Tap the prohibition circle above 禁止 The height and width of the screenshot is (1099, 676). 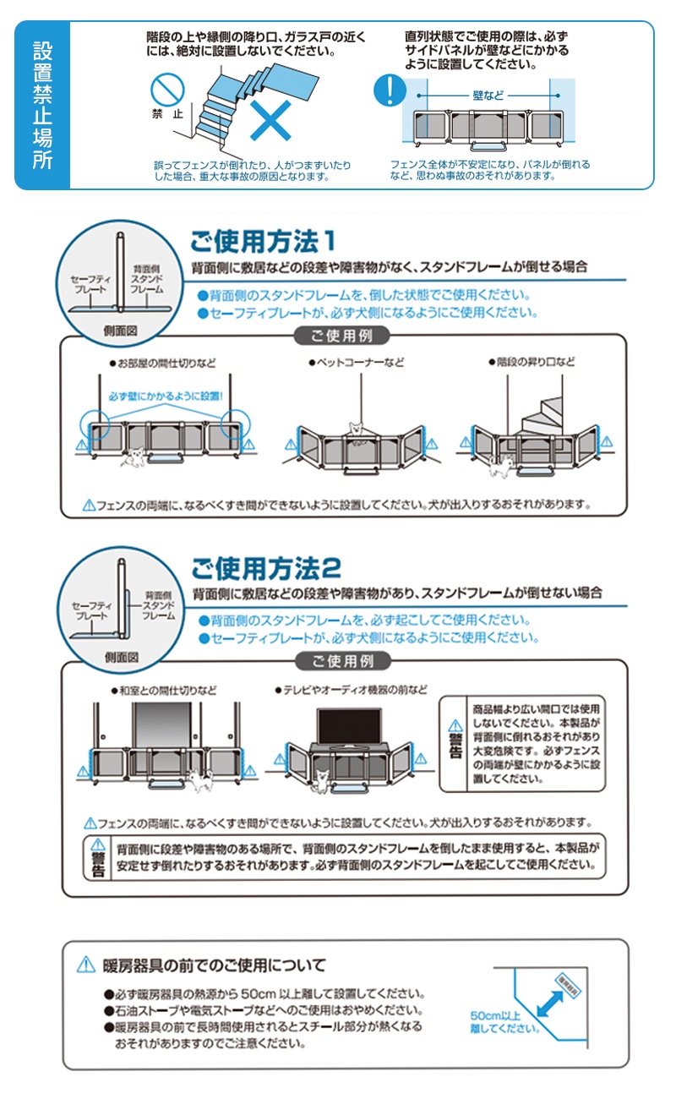[166, 90]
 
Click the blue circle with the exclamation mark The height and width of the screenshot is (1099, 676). [389, 90]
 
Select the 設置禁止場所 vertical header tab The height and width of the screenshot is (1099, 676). [42, 105]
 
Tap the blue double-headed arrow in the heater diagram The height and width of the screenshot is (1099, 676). [550, 1005]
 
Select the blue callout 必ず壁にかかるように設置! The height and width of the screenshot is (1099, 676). [166, 395]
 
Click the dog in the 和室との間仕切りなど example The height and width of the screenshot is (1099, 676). [199, 779]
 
